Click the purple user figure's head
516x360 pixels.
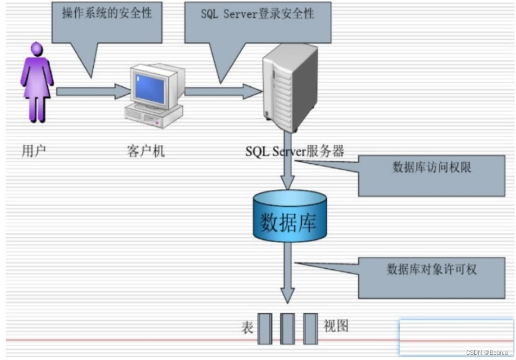37,49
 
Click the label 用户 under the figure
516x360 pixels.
33,151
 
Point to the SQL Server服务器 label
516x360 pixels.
294,151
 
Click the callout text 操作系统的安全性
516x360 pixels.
107,13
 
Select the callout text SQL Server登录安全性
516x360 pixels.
257,14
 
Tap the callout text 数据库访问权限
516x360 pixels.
432,168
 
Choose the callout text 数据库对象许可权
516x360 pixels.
432,269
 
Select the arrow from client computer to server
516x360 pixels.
223,91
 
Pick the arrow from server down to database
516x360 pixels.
287,164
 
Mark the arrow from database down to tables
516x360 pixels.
287,273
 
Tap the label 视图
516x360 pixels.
336,326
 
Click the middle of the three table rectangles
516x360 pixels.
287,329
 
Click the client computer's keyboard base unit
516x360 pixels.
154,118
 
